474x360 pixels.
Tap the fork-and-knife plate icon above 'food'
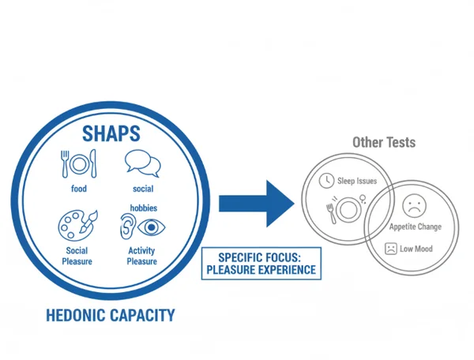pyautogui.click(x=77, y=164)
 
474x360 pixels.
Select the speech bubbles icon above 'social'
pyautogui.click(x=142, y=163)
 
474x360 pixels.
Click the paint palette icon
pyautogui.click(x=77, y=224)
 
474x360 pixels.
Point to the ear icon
pyautogui.click(x=126, y=226)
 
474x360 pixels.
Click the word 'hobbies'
pyautogui.click(x=143, y=208)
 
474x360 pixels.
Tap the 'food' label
pyautogui.click(x=77, y=189)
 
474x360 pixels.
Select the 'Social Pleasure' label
pyautogui.click(x=77, y=256)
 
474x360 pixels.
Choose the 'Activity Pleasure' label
pyautogui.click(x=141, y=256)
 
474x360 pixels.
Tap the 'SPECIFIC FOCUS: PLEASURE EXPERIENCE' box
pyautogui.click(x=261, y=263)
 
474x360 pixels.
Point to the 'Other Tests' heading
pyautogui.click(x=383, y=143)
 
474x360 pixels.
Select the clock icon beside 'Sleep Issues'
pyautogui.click(x=325, y=181)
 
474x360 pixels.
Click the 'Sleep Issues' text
pyautogui.click(x=356, y=181)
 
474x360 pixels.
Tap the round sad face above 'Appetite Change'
pyautogui.click(x=413, y=207)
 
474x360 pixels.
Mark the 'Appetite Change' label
pyautogui.click(x=415, y=227)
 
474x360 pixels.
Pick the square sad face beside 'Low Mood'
pyautogui.click(x=390, y=248)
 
